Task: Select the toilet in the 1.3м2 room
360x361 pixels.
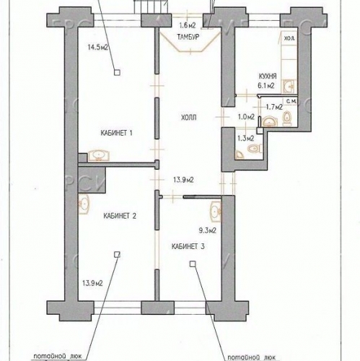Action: tap(250, 149)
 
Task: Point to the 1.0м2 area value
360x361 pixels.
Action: tap(246, 116)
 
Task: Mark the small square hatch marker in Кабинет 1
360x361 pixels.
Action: tap(116, 71)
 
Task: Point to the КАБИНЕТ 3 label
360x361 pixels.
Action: tap(188, 247)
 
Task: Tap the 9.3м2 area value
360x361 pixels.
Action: tap(208, 231)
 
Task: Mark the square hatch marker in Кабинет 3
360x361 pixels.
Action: tap(193, 264)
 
